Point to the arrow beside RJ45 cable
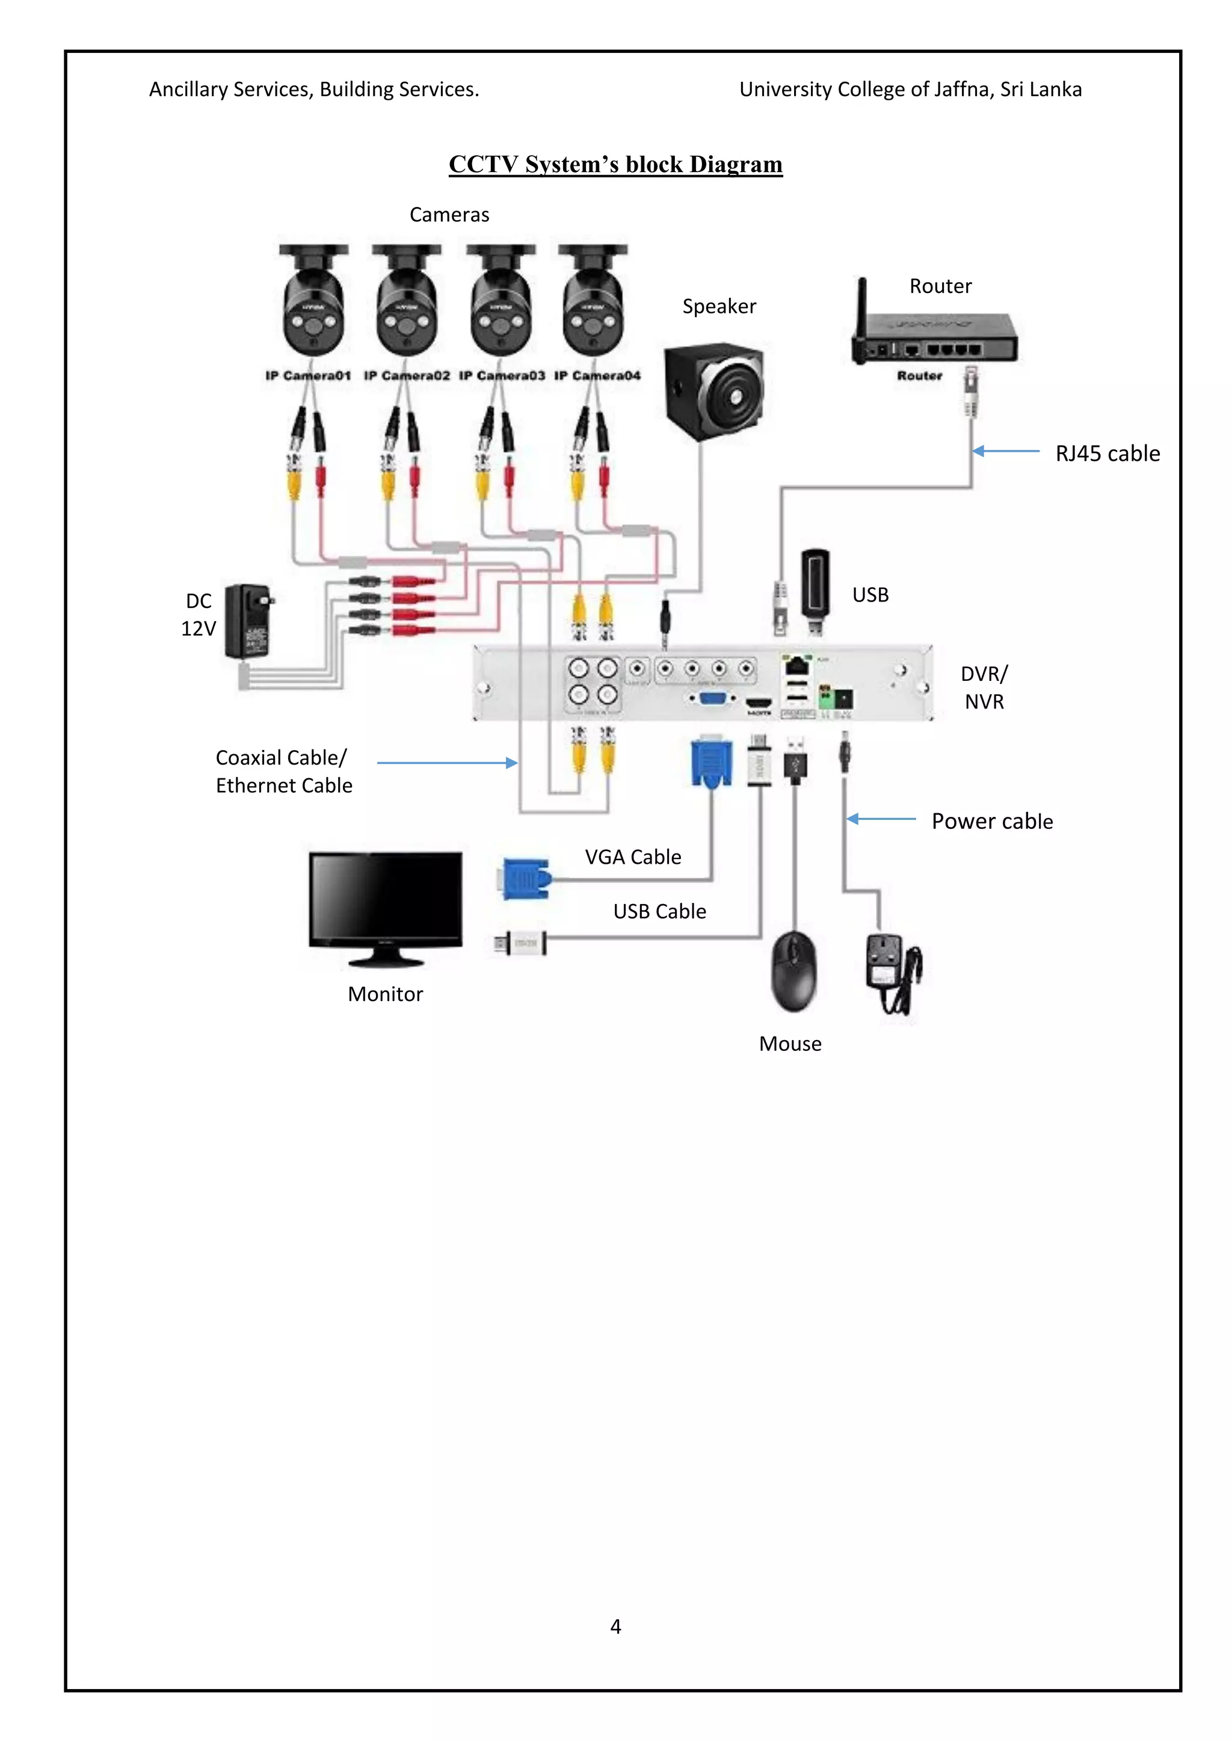click(1005, 451)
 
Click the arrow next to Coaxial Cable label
click(447, 763)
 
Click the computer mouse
click(793, 971)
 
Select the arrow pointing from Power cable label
click(881, 819)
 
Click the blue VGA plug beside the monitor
click(526, 879)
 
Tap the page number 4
click(615, 1626)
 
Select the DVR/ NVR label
click(984, 688)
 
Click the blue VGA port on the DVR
click(713, 698)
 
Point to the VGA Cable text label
click(633, 857)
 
